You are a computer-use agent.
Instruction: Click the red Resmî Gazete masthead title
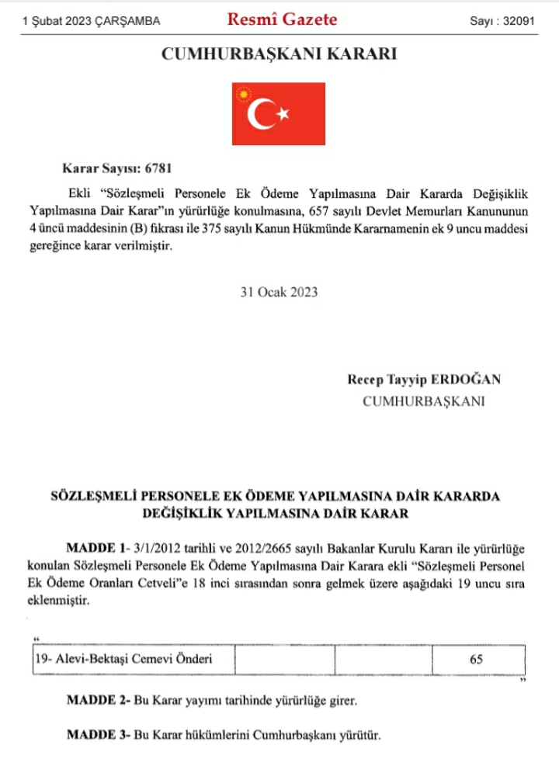coord(282,20)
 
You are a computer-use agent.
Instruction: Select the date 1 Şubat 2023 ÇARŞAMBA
coord(92,22)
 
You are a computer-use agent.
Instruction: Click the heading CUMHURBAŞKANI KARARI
coord(279,54)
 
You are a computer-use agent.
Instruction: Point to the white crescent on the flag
coord(261,115)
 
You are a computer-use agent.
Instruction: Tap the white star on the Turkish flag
coord(283,115)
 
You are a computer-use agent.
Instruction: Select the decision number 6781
coord(171,168)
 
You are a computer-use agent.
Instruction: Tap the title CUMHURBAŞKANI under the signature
coord(424,401)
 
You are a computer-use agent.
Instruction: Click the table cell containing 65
coord(476,660)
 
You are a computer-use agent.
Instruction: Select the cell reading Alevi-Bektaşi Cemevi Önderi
coord(123,660)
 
